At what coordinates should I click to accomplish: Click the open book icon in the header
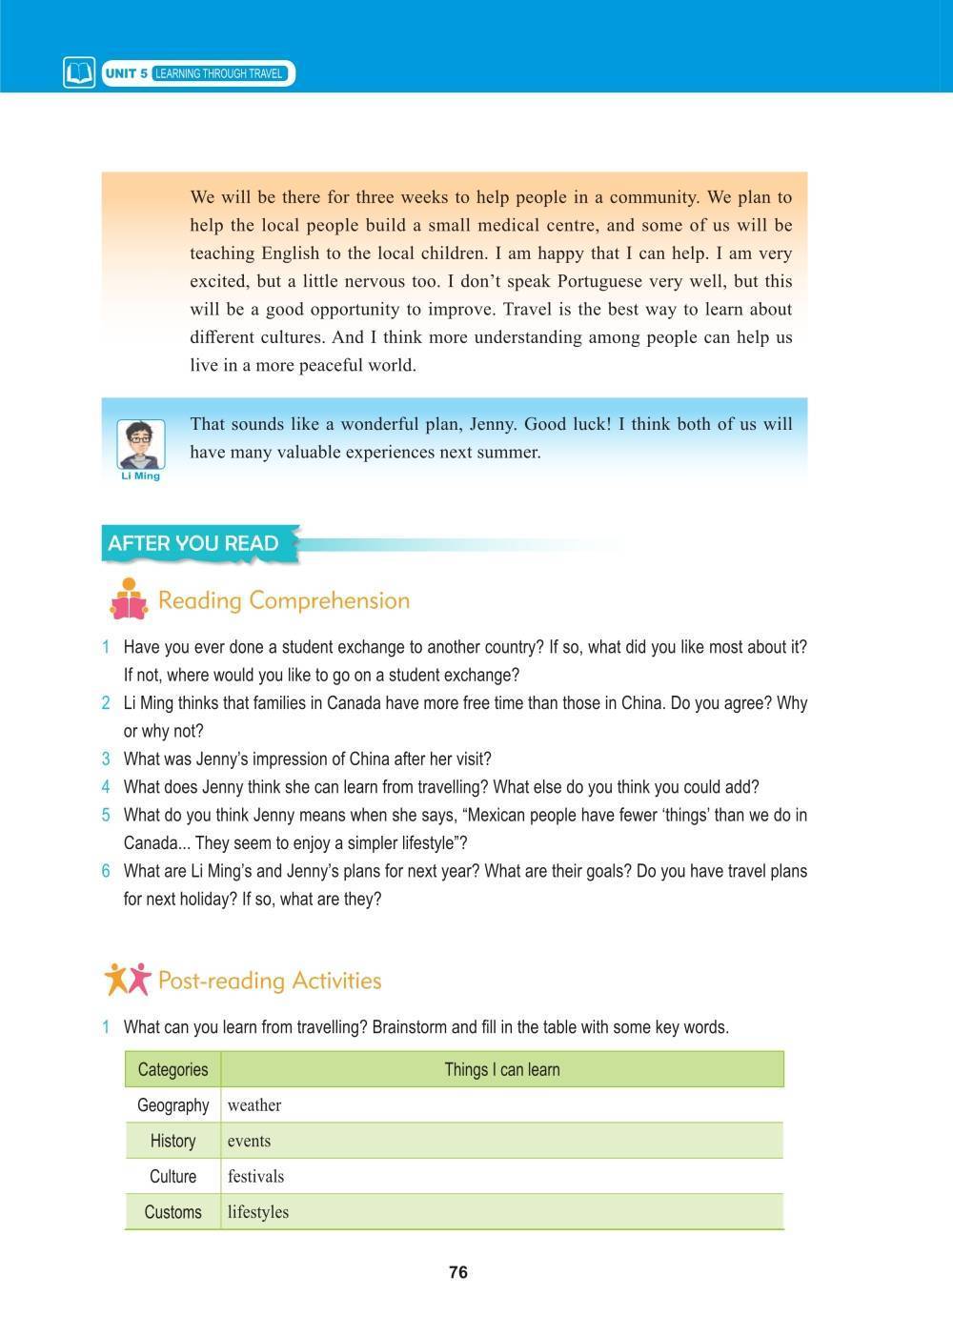click(79, 73)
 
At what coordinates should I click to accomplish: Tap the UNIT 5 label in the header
click(126, 73)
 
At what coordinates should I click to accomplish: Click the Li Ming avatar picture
click(140, 443)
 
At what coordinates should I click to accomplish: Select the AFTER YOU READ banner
click(193, 543)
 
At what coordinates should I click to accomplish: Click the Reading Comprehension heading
click(283, 600)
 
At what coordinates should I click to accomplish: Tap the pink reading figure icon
click(128, 599)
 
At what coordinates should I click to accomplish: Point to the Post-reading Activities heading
click(269, 981)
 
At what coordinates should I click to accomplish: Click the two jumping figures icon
click(127, 979)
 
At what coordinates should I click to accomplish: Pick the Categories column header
click(172, 1069)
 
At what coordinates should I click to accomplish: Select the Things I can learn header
click(501, 1069)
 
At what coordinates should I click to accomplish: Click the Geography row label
click(172, 1105)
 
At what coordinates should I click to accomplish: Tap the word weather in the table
click(254, 1105)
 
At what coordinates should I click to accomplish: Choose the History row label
click(172, 1141)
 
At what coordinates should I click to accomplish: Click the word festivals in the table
click(255, 1176)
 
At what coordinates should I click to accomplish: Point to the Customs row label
click(172, 1212)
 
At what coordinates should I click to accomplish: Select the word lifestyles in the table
click(257, 1212)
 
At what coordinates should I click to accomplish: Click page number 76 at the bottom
click(457, 1272)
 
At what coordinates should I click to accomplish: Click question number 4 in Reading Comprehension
click(106, 787)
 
